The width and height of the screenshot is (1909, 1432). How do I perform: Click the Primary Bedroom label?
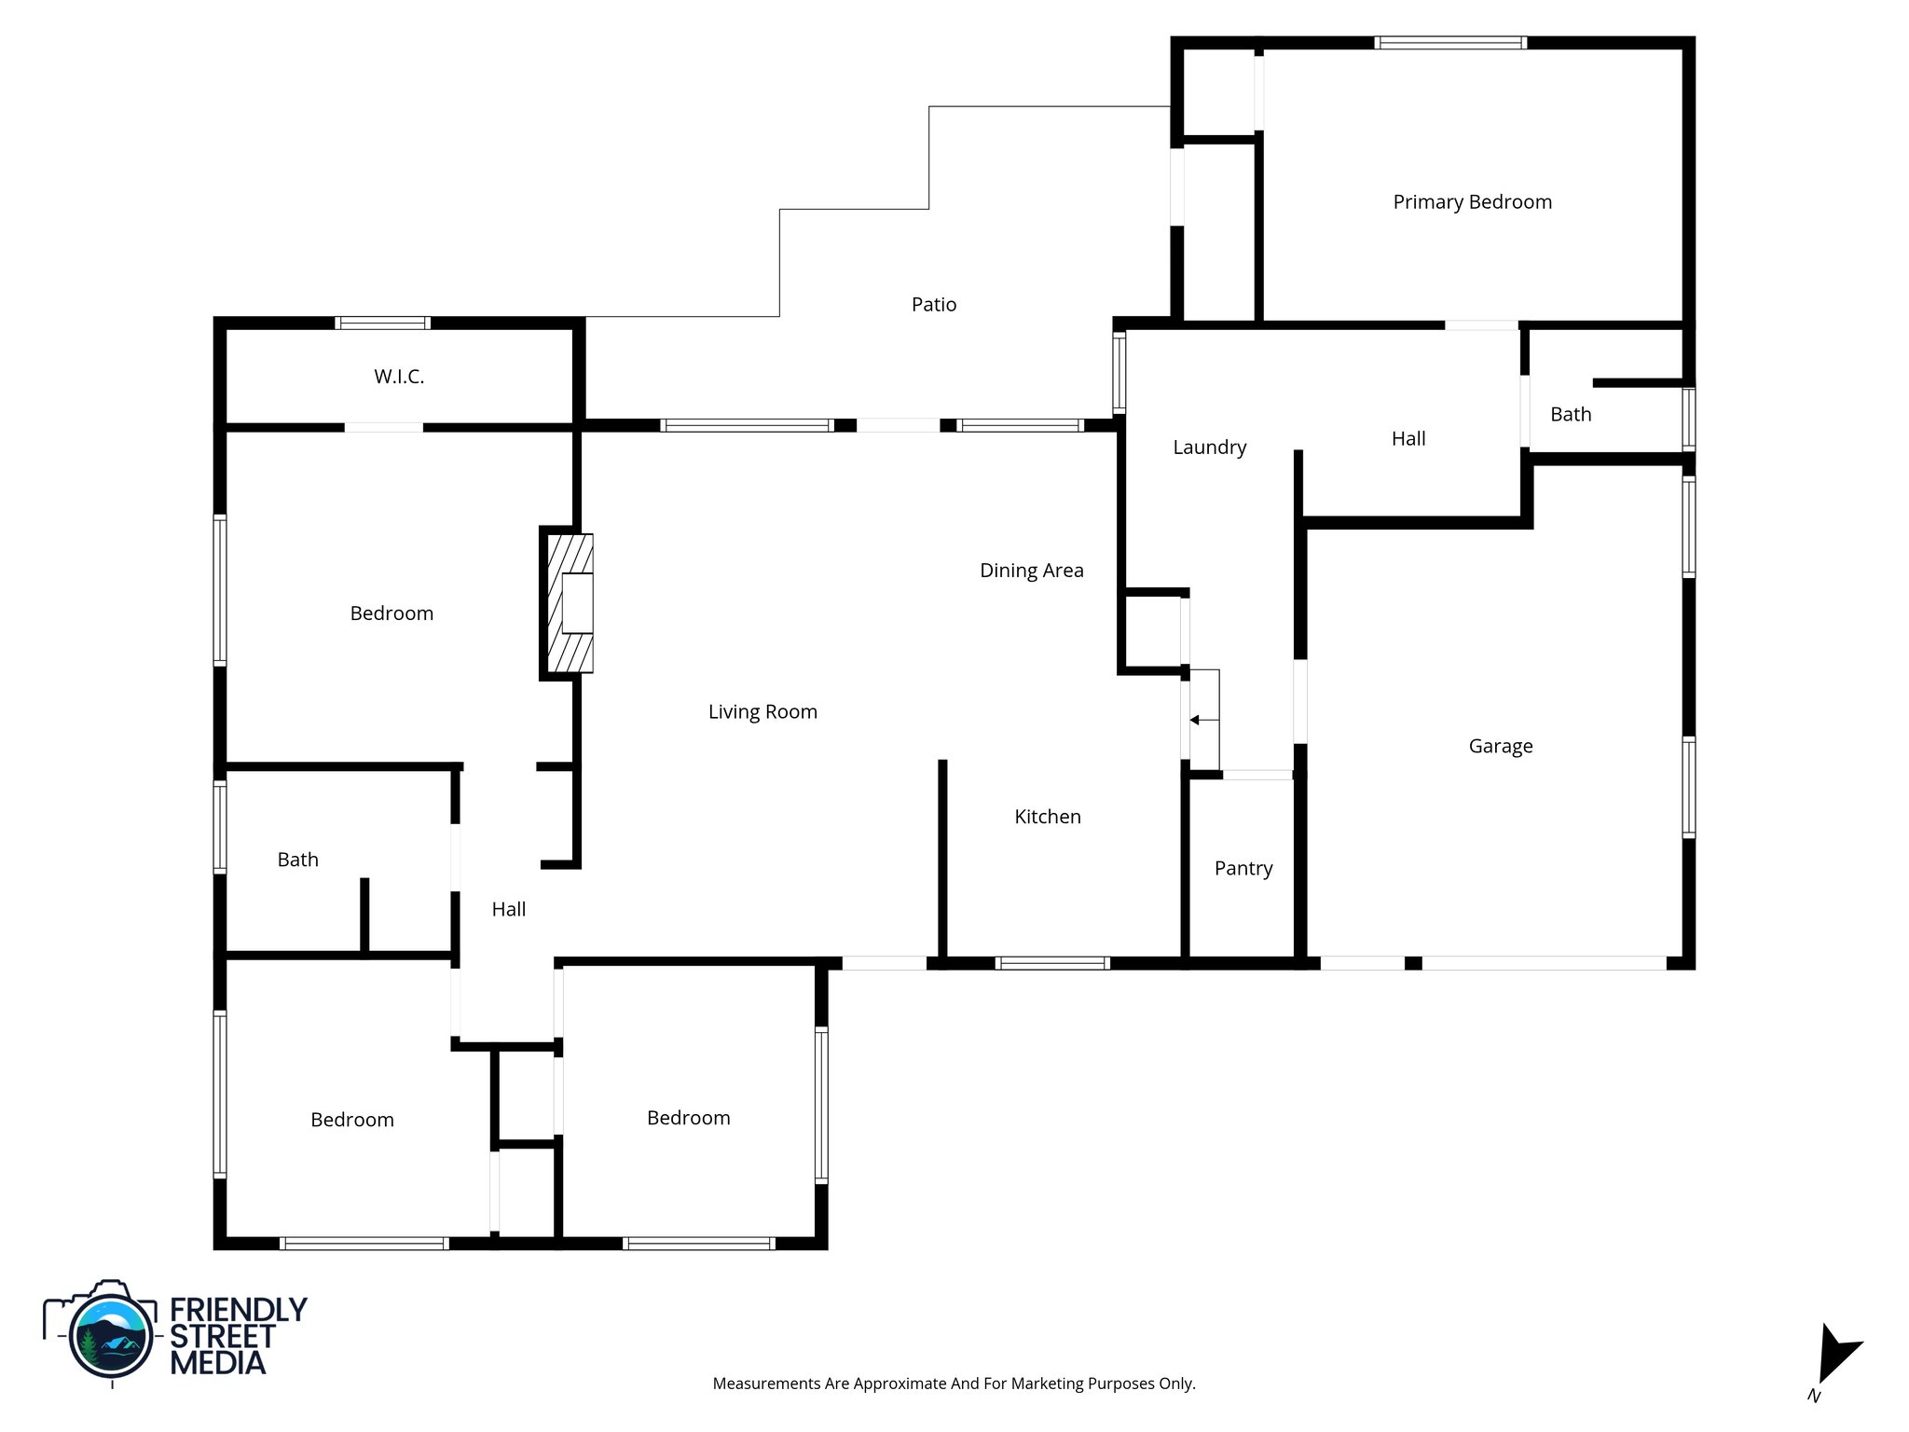pos(1472,202)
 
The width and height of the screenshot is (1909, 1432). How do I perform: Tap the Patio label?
pos(933,305)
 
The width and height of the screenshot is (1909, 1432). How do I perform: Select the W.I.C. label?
pos(399,377)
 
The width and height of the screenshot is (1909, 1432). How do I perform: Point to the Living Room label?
pos(762,712)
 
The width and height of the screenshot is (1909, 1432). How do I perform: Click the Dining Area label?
pos(1031,571)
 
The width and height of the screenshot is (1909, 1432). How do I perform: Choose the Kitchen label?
pos(1047,817)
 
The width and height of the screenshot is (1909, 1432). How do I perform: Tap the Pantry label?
pos(1243,869)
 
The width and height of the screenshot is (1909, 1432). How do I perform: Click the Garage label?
pos(1500,746)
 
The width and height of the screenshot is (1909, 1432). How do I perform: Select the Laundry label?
pos(1209,447)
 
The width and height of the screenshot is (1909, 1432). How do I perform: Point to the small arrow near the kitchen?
pos(1196,720)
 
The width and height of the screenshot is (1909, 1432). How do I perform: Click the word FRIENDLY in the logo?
pos(239,1310)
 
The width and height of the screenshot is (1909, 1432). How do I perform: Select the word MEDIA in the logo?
pos(217,1363)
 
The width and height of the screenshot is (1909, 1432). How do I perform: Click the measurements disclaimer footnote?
pos(954,1384)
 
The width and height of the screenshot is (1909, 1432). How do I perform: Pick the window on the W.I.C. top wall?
pos(382,324)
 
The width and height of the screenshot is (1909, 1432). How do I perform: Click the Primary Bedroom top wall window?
pos(1449,43)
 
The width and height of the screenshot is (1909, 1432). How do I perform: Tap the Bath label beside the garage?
pos(1571,415)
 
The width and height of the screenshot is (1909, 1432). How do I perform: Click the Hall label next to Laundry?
pos(1408,439)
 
